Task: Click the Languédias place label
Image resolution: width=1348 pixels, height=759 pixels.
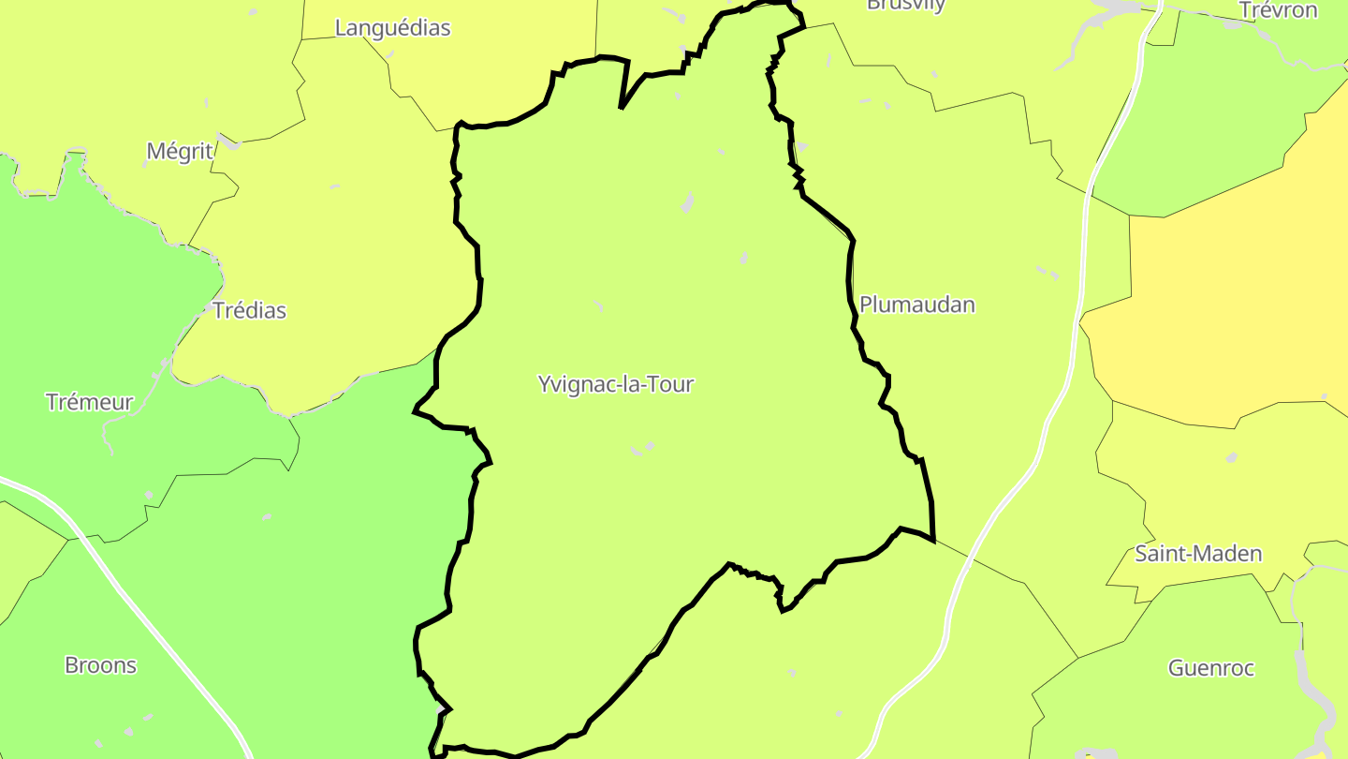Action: [x=392, y=28]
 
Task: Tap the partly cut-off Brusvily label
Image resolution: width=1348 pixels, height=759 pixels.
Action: [x=905, y=5]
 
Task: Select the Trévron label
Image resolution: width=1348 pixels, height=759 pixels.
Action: [x=1278, y=10]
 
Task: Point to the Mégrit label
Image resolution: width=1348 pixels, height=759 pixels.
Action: [x=180, y=151]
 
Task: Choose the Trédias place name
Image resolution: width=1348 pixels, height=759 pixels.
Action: [x=249, y=310]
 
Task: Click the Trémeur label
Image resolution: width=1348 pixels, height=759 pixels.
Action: [x=90, y=402]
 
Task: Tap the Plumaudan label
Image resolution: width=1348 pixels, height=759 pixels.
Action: [x=916, y=305]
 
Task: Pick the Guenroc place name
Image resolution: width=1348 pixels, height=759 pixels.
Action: [x=1210, y=668]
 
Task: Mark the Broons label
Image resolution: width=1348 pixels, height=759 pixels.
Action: [x=100, y=665]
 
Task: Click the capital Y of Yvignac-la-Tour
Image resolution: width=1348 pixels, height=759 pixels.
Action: [x=545, y=384]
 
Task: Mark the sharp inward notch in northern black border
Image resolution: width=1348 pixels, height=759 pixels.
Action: [x=623, y=105]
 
